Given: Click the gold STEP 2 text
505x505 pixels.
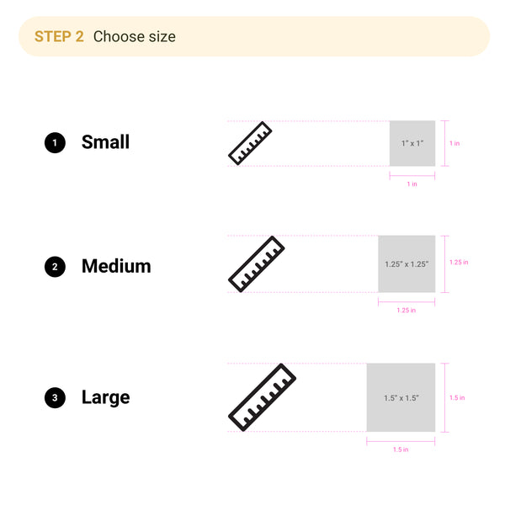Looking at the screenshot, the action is point(59,36).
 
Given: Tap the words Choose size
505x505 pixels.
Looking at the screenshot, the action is point(135,37).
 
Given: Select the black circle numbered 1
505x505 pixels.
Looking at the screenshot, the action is point(55,143).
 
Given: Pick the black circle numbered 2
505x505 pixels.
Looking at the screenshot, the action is point(55,267).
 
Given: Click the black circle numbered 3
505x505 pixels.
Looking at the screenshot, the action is point(55,398).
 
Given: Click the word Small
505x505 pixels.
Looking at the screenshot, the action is point(105,142).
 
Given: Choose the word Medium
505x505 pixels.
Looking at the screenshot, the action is point(116,266).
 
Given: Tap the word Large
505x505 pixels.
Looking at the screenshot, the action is point(106,398).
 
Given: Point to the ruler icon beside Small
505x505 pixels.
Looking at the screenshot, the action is point(250,143).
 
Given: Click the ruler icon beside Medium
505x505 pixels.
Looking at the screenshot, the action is point(257,264).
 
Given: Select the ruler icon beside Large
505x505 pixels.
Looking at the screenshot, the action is point(262,397).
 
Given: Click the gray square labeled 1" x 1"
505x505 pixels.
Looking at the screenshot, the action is point(412,143).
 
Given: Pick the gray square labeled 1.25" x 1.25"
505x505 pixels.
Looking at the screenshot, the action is point(407,264).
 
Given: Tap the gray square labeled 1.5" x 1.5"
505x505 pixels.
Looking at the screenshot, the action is point(401,397).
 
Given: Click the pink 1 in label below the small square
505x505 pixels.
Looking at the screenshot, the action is point(412,184).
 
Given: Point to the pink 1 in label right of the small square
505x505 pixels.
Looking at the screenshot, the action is point(454,143).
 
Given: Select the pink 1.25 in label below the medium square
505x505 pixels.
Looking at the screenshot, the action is point(407,311).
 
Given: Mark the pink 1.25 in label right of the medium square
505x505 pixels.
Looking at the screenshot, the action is point(459,262).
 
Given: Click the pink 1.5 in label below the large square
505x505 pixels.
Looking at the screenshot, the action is point(401,449).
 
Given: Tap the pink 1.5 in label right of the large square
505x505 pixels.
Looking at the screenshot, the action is point(457,398).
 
